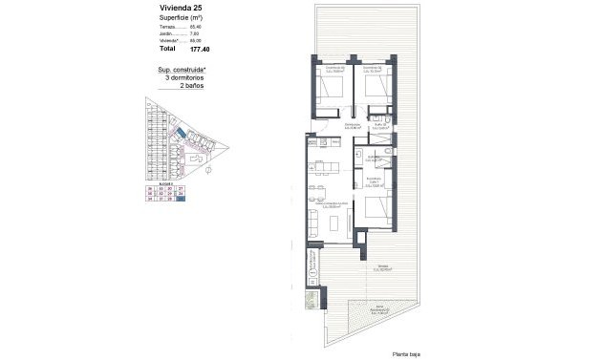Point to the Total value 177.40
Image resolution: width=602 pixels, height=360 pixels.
click(x=199, y=48)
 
